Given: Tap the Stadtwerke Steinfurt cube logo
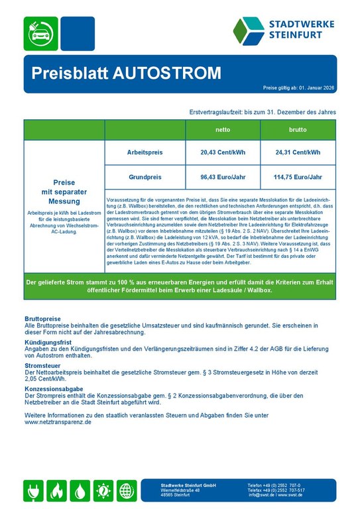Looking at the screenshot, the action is click(249, 30).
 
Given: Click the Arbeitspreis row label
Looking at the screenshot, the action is click(145, 153).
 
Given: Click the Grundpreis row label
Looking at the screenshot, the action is click(145, 177).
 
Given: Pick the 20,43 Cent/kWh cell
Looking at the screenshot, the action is click(223, 153).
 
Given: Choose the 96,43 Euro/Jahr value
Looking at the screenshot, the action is click(223, 177).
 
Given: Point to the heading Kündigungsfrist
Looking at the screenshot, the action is click(46, 343).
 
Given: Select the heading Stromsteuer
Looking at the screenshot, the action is click(43, 365).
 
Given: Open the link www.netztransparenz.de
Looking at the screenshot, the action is click(58, 422).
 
